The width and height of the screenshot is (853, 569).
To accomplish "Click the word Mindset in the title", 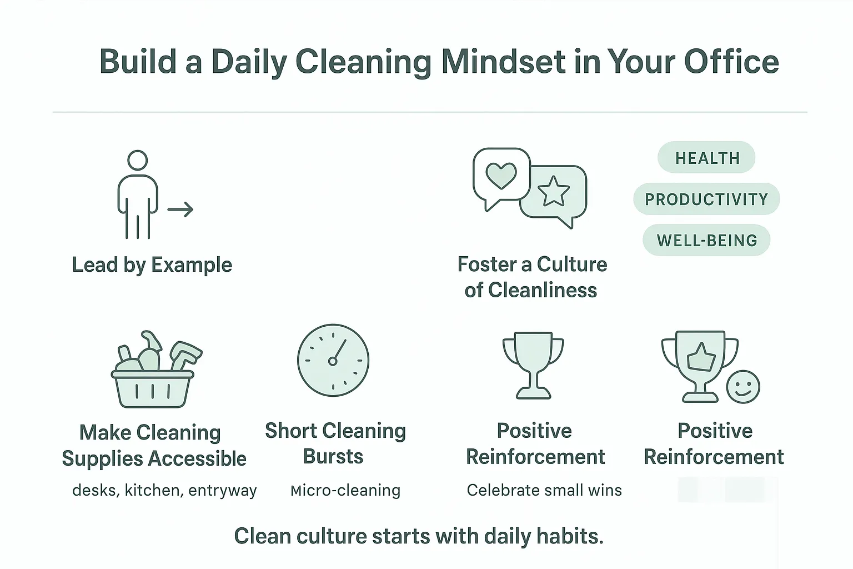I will (503, 62).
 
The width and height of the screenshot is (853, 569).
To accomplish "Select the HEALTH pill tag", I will (706, 158).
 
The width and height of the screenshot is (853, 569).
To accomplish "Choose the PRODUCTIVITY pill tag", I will (706, 199).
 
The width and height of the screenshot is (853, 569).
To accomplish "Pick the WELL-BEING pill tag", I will (706, 240).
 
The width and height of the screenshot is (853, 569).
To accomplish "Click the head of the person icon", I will (137, 161).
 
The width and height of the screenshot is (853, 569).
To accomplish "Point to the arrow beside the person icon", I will (180, 209).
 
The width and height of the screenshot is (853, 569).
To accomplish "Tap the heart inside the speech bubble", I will (501, 176).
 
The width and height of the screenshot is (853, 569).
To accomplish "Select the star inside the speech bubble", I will (553, 192).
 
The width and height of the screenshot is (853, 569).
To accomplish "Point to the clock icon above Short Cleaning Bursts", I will (333, 360).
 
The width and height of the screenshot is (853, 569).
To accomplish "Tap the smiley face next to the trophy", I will (743, 387).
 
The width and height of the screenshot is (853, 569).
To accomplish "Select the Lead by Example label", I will (152, 265).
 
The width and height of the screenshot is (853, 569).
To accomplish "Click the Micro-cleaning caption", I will (345, 490).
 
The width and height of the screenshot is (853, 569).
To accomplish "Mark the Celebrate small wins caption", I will (544, 490).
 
